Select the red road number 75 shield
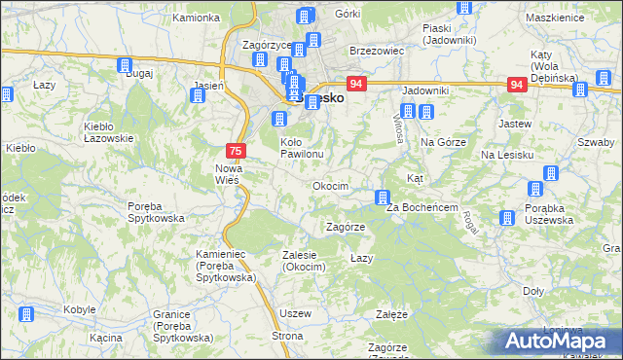(236, 151)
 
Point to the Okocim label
(330, 185)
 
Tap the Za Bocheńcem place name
(421, 207)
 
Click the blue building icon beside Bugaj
(125, 66)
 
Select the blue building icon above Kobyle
(26, 314)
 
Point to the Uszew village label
(294, 313)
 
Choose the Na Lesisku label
(502, 155)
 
